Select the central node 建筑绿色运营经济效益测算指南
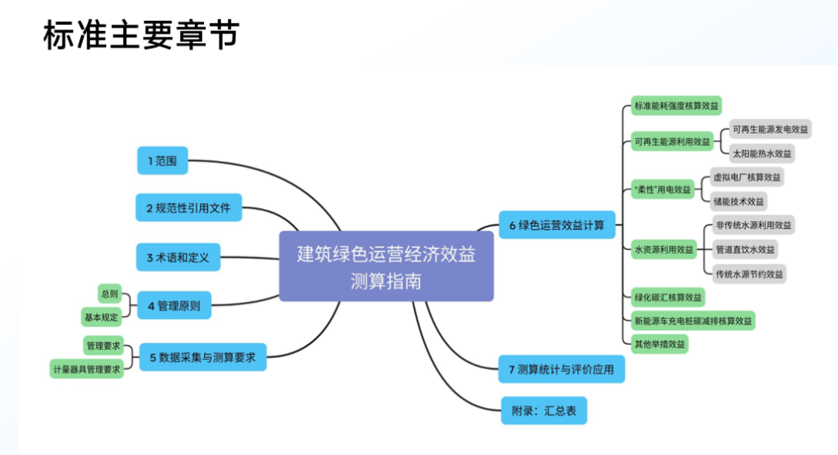(x=386, y=266)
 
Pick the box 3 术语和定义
(x=178, y=257)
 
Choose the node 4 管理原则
(x=174, y=306)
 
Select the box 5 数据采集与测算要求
(x=203, y=358)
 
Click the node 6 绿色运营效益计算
(x=556, y=226)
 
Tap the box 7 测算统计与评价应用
(x=561, y=370)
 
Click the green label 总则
(x=109, y=293)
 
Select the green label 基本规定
(x=101, y=317)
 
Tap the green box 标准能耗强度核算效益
(x=676, y=106)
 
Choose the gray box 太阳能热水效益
(x=764, y=153)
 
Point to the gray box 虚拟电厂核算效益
(x=747, y=177)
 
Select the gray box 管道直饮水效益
(x=745, y=249)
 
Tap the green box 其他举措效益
(x=660, y=344)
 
